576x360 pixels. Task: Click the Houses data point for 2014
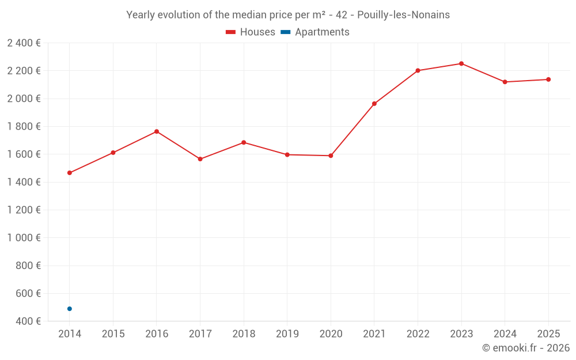pos(70,173)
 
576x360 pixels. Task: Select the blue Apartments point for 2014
pos(70,309)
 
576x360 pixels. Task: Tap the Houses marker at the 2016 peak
pos(157,131)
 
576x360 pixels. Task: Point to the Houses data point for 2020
pos(331,156)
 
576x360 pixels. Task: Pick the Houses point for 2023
pos(461,63)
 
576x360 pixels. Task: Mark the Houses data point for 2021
pos(374,104)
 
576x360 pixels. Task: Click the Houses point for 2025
pos(548,79)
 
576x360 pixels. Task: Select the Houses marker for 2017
pos(200,159)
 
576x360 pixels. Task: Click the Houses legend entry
pos(251,32)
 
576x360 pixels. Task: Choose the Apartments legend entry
pos(315,32)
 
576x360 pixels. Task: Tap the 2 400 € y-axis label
pos(24,43)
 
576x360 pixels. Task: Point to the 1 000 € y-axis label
pos(24,237)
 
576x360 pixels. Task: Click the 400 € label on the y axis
pos(28,321)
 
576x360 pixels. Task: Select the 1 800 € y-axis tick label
pos(24,126)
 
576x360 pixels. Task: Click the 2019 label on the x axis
pos(287,334)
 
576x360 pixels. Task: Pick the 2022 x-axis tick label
pos(418,334)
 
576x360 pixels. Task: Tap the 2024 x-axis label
pos(505,334)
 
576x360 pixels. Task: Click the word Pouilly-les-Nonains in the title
pos(404,15)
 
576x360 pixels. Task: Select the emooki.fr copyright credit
pos(525,348)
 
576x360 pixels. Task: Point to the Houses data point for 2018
pos(244,142)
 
